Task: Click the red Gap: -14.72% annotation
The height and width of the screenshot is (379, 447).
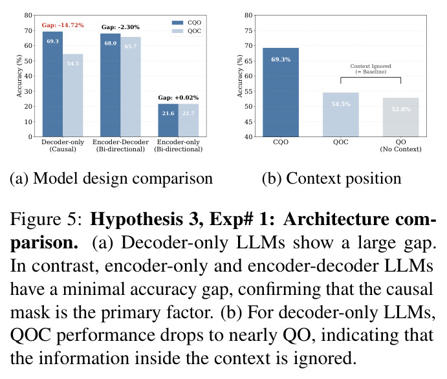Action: [63, 25]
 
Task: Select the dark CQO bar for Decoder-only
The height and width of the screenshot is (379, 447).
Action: [53, 84]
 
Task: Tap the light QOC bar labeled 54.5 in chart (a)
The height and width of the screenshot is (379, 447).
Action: [73, 96]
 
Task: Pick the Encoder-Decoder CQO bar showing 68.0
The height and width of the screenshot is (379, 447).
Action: [111, 85]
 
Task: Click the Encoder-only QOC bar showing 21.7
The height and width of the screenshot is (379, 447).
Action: [188, 120]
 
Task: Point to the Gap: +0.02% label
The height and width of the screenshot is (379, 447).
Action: [179, 98]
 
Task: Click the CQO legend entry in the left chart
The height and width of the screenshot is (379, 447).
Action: [186, 23]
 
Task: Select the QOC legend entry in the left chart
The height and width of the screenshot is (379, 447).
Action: [186, 31]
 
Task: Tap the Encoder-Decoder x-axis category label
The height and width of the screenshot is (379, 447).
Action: [120, 146]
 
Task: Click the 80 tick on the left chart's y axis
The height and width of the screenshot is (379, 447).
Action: [28, 15]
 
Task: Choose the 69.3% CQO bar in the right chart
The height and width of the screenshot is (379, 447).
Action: [281, 92]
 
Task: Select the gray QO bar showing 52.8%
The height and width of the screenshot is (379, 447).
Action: [401, 117]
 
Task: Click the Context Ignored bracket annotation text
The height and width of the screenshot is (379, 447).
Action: [371, 69]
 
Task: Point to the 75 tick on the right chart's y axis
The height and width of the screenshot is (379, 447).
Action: [248, 30]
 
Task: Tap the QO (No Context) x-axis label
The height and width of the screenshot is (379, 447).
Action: [400, 146]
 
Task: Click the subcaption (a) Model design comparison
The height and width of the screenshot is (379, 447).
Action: [111, 179]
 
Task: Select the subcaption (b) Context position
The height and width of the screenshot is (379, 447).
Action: [332, 179]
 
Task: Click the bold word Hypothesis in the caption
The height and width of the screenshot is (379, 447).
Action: [136, 220]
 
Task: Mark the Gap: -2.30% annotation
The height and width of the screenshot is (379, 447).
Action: [120, 27]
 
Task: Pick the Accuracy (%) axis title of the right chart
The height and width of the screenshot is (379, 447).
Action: [240, 76]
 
